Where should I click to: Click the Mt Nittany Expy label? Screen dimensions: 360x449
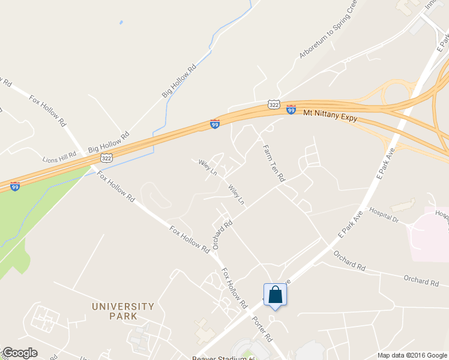[x=330, y=115]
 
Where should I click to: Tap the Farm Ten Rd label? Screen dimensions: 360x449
[x=273, y=163]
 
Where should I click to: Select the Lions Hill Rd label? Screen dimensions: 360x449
[x=59, y=160]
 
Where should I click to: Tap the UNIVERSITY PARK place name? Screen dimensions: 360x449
[x=122, y=311]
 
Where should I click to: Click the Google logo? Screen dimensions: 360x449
[x=20, y=353]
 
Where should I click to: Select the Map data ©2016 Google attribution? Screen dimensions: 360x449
[x=411, y=355]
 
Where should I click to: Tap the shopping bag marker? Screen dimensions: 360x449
[x=275, y=295]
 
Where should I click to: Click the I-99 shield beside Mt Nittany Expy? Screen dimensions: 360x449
[x=291, y=110]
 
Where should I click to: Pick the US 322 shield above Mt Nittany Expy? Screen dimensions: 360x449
[x=274, y=104]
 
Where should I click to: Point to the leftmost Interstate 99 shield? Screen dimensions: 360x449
[x=15, y=187]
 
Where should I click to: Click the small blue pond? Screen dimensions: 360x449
[x=121, y=23]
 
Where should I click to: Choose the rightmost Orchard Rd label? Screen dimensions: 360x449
[x=420, y=281]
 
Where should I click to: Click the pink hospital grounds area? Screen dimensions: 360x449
[x=429, y=234]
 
